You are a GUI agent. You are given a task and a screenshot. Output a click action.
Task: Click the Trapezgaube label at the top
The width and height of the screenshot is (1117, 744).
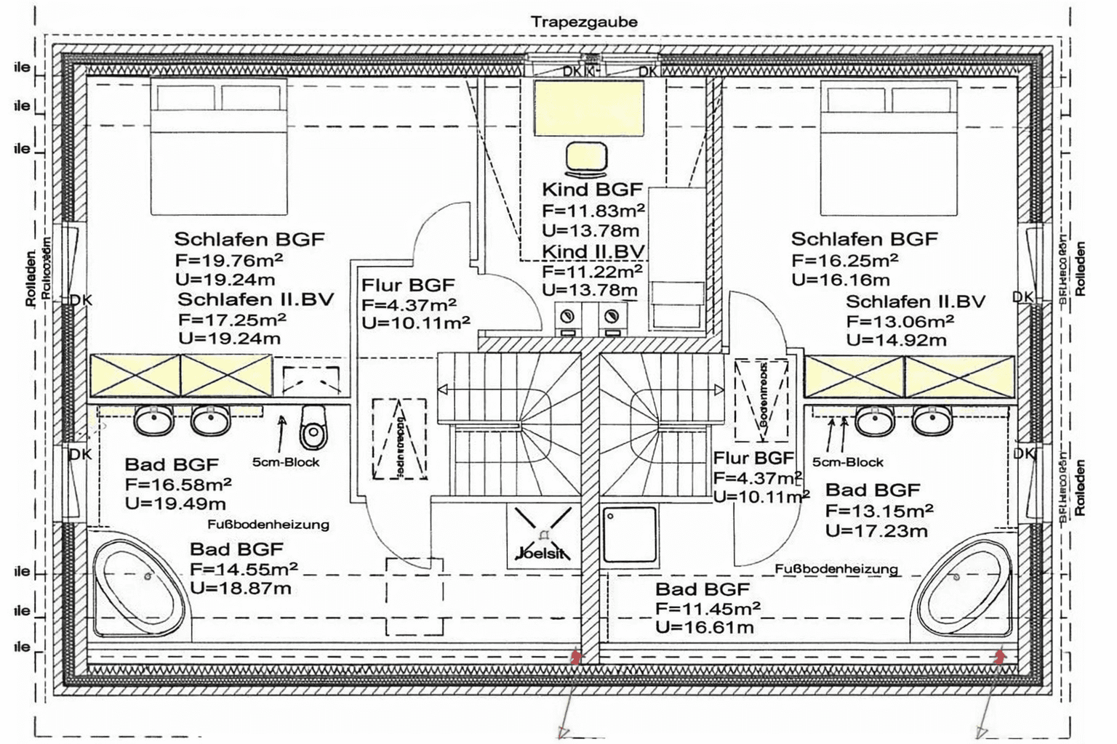[x=584, y=22]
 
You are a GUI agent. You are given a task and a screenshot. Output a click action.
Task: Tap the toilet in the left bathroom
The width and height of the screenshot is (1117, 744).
[x=313, y=428]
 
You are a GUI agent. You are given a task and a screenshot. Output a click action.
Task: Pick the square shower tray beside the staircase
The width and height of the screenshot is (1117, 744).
[x=629, y=535]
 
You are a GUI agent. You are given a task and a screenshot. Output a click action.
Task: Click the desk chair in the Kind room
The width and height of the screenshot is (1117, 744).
[x=586, y=160]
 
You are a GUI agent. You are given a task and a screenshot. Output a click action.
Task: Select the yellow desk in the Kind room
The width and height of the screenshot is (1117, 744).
[x=588, y=108]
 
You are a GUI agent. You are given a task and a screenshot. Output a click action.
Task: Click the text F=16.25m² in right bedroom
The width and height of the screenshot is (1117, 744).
[x=844, y=260]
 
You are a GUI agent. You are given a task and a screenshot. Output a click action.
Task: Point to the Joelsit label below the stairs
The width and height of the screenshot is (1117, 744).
[x=540, y=553]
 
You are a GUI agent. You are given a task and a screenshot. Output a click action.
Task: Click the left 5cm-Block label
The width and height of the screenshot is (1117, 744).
[x=286, y=462]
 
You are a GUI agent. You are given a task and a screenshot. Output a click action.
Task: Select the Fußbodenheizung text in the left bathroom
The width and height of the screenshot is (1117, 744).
[x=268, y=524]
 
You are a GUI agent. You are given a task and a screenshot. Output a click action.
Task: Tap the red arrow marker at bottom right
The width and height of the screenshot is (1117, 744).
[x=1000, y=657]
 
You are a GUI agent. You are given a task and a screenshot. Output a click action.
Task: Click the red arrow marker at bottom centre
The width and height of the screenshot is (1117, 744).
[x=576, y=657]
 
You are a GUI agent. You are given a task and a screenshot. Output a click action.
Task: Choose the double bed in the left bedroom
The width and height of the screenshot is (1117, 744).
[x=219, y=147]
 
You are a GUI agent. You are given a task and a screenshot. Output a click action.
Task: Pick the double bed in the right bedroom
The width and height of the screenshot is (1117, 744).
[x=889, y=147]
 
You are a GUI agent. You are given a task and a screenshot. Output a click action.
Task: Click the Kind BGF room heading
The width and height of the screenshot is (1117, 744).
[x=592, y=190]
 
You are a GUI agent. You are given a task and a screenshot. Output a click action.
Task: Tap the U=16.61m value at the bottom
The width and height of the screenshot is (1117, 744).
[x=704, y=627]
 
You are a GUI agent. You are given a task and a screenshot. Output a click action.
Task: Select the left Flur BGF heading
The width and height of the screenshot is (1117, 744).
[x=408, y=285]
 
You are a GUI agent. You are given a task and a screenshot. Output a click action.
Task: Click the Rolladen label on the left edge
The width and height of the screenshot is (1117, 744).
[x=31, y=278]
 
